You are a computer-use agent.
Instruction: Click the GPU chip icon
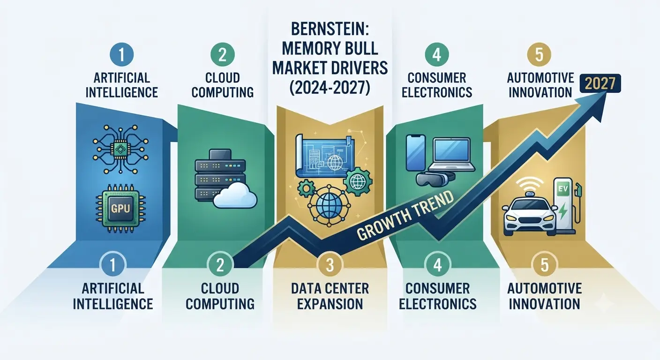(120, 209)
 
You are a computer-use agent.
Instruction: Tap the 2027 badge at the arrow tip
(600, 83)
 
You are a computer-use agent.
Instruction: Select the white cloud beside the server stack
(235, 195)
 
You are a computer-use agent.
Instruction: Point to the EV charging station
(565, 206)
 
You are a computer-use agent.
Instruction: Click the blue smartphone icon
(416, 153)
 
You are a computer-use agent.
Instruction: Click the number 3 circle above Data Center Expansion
(330, 265)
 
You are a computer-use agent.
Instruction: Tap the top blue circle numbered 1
(121, 54)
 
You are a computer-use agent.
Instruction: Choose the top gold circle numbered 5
(539, 54)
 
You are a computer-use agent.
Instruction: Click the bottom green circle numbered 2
(220, 265)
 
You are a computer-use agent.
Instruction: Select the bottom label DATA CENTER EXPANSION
(330, 296)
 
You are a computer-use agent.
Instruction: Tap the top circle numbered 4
(437, 54)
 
